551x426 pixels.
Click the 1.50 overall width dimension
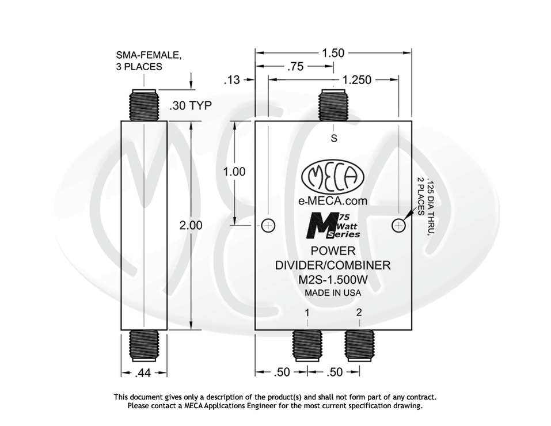point(333,53)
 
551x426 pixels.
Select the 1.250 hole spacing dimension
point(357,80)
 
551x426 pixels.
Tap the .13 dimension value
point(231,81)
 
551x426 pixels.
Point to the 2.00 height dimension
point(191,225)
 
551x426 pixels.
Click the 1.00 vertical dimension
point(234,172)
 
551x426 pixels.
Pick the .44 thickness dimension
point(143,373)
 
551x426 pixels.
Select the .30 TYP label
point(191,106)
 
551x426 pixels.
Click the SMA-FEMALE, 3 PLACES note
point(149,61)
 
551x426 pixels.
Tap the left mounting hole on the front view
point(268,225)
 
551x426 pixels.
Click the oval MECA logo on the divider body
point(333,177)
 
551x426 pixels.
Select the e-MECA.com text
point(333,201)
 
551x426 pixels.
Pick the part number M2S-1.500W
point(333,280)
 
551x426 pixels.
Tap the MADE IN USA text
point(333,292)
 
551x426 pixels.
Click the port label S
point(333,138)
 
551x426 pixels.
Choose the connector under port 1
point(307,344)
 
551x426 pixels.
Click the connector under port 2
point(359,344)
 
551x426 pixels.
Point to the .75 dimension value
point(295,67)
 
